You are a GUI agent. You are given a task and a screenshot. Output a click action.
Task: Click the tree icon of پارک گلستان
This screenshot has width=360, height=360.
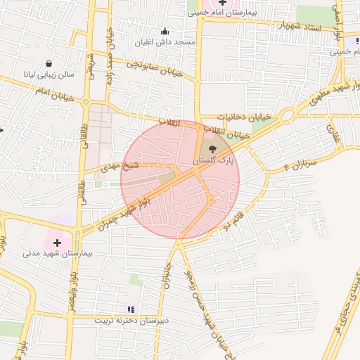[x=213, y=148]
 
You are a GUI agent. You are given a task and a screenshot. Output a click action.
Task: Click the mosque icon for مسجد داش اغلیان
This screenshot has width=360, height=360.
[x=165, y=31]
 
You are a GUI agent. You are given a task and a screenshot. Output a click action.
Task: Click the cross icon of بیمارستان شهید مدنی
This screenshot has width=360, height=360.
[x=57, y=242]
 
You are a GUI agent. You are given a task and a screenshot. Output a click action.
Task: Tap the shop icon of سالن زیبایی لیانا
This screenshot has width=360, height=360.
[x=49, y=63]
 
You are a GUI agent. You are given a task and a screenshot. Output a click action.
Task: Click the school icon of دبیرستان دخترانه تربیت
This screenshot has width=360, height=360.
[x=130, y=309]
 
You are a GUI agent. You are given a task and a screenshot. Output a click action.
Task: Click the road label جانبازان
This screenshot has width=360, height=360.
[x=165, y=275]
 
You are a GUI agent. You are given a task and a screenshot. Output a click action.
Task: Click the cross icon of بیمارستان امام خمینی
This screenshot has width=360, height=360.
[x=223, y=3]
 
